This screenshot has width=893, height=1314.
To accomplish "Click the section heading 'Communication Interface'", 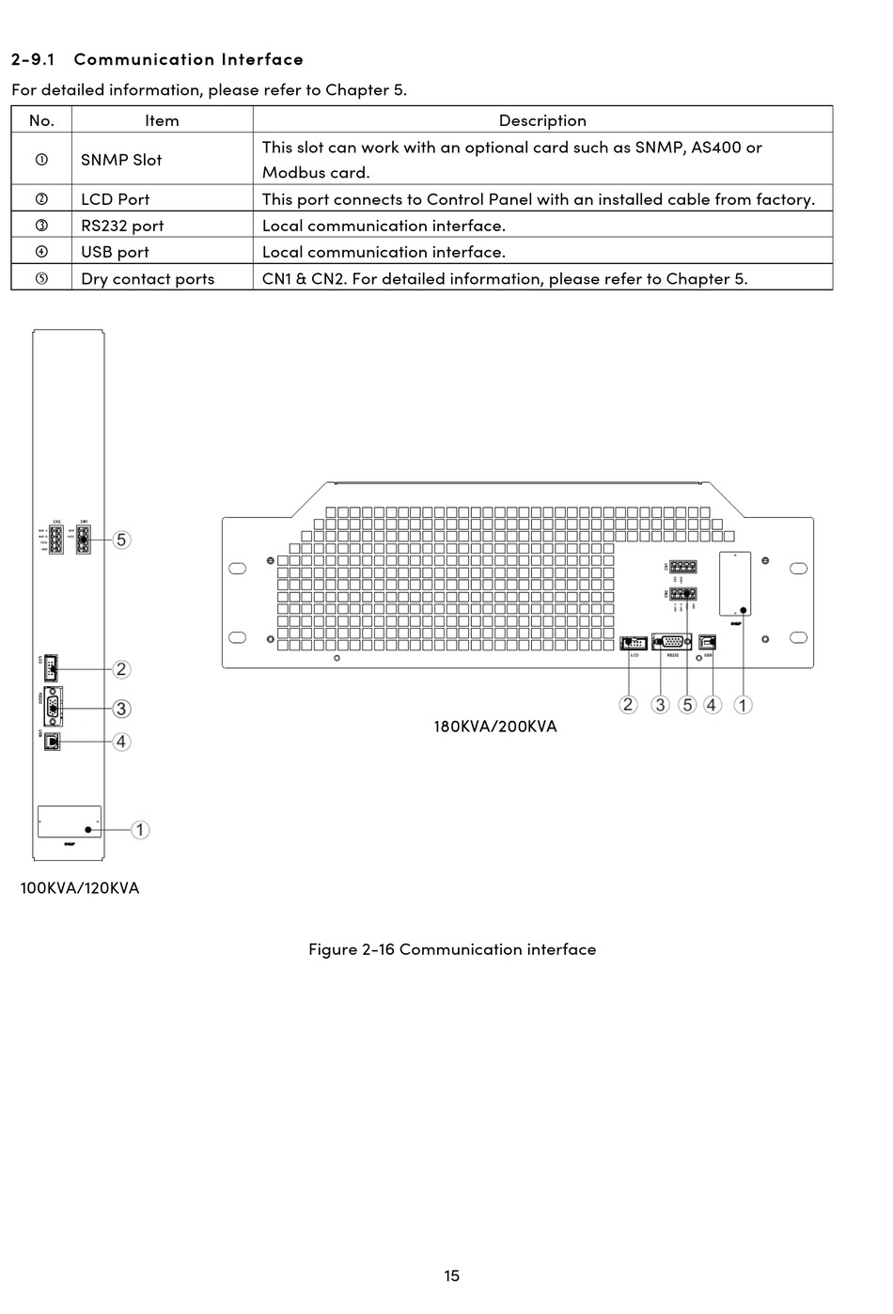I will coord(188,59).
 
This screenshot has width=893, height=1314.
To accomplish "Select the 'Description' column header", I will coord(542,120).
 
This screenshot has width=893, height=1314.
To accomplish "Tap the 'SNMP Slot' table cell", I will coord(121,160).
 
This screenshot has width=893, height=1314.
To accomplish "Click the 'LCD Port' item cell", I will coord(115,199).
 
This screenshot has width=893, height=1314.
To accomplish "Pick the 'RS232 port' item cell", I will coord(122,226).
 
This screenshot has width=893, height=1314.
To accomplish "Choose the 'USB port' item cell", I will coord(115,252).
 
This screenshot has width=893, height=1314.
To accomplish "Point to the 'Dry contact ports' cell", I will coord(148,279).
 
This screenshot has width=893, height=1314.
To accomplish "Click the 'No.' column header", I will coord(41,120).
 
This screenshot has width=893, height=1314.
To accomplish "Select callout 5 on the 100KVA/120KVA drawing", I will coord(121,540).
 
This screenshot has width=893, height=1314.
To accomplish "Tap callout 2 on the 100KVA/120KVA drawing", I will coord(121,669).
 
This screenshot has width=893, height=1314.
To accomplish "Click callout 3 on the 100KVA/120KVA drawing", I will coord(121,709).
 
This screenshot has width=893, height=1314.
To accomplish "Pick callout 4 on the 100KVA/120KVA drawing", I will coord(121,742).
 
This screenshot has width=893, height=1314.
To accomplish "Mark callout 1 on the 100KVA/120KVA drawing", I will coord(140,830).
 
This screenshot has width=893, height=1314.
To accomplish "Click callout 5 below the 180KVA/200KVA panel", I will coord(687,705).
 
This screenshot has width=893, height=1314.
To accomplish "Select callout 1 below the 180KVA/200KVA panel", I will coord(743,705).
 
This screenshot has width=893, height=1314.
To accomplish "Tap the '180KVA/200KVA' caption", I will coord(494,727).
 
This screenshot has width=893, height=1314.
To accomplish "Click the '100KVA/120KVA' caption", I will coord(80,888).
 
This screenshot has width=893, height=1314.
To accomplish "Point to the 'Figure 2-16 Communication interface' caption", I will coord(452,949).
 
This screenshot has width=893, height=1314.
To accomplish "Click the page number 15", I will coord(452,1275).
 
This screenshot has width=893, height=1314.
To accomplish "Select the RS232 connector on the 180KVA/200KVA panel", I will coord(672,642).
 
